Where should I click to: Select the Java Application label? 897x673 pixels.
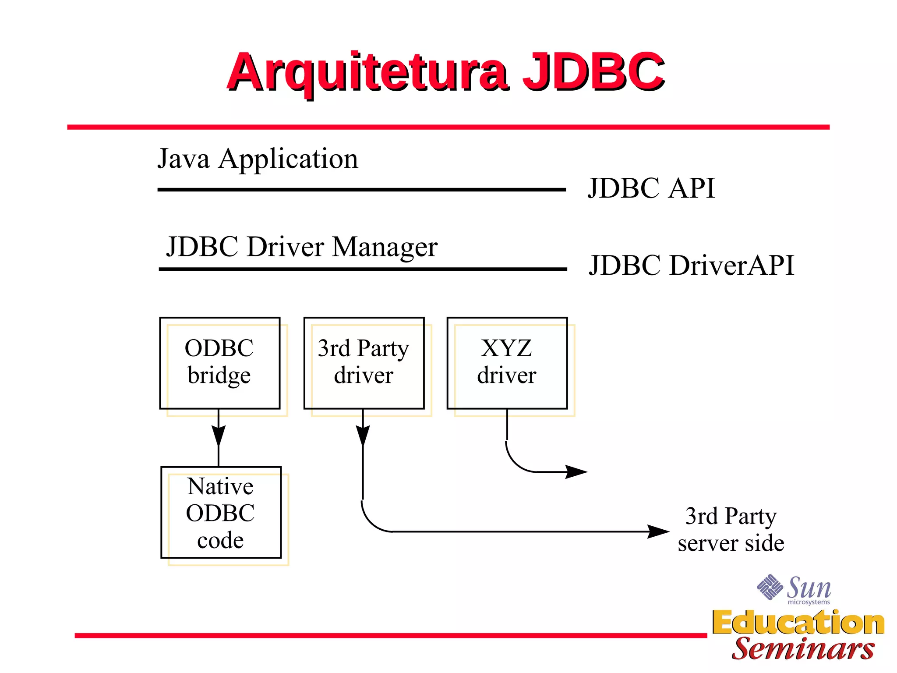pos(258,159)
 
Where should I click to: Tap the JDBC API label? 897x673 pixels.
pos(651,188)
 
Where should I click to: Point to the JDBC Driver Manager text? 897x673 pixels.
pos(301,247)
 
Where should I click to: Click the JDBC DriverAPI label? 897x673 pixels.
pos(691,265)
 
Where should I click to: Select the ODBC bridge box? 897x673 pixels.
pos(219,363)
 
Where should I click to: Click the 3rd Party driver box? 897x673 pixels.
pos(364,363)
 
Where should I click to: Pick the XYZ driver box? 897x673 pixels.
pos(507,363)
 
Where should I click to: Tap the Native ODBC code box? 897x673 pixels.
pos(221,512)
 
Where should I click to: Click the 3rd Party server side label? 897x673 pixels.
pos(731,529)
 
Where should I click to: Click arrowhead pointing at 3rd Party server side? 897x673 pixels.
pos(658,531)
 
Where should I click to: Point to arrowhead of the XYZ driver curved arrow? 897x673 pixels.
pos(576,472)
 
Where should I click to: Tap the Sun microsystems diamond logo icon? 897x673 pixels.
pos(770,587)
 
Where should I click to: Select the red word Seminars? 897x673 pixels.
pos(803,649)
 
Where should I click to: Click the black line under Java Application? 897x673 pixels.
pos(361,190)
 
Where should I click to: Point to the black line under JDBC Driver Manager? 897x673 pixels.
pos(363,269)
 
